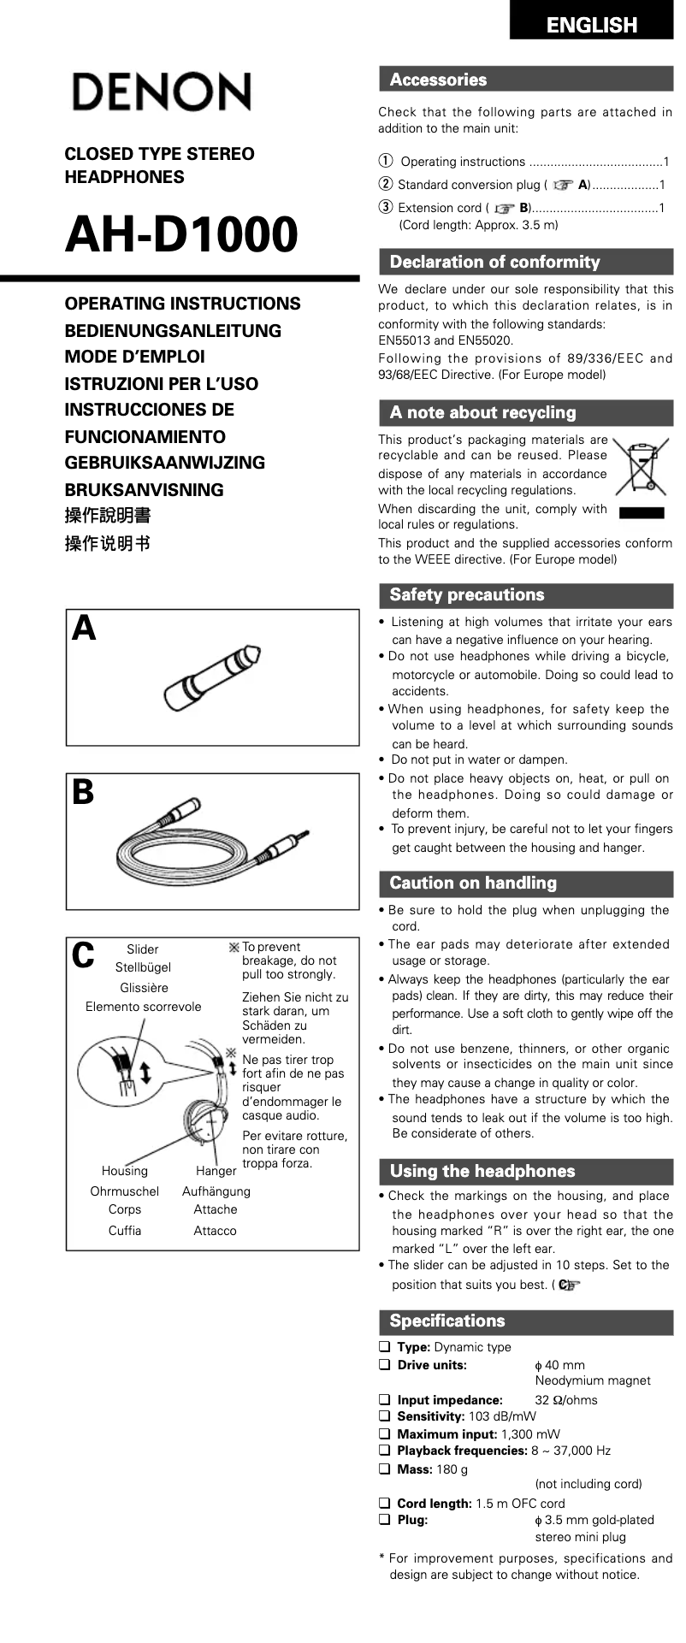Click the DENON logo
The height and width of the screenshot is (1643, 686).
click(x=161, y=92)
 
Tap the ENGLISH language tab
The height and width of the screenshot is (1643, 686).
click(x=591, y=25)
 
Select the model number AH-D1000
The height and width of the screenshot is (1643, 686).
click(x=181, y=234)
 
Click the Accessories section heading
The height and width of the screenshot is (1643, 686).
click(x=438, y=80)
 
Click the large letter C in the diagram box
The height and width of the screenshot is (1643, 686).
click(x=83, y=955)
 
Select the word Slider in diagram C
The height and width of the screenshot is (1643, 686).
click(x=142, y=949)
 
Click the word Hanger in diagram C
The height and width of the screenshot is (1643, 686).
click(x=216, y=1171)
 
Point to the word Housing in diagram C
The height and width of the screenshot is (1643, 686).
click(x=124, y=1171)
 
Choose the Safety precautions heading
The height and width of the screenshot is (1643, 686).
click(x=466, y=594)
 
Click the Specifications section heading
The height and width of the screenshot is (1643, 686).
click(x=447, y=1321)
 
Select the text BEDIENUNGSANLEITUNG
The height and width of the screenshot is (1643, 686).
click(x=173, y=330)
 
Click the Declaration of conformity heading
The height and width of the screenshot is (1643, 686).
click(x=494, y=262)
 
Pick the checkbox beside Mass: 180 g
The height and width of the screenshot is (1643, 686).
click(x=385, y=1469)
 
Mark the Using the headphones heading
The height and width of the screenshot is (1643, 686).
click(x=482, y=1171)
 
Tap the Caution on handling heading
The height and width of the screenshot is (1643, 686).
click(x=473, y=883)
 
